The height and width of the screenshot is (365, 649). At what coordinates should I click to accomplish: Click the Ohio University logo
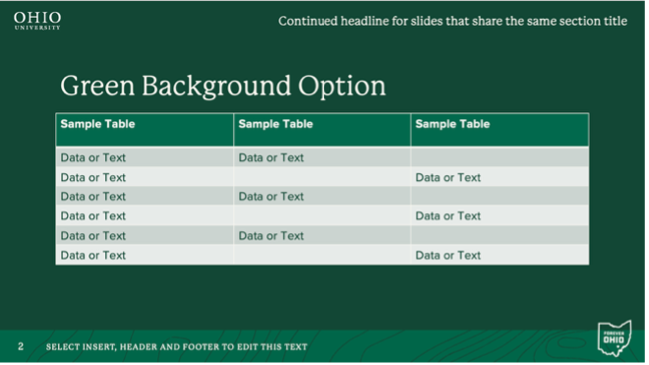(x=37, y=20)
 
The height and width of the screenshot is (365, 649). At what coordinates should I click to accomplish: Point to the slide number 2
(x=20, y=347)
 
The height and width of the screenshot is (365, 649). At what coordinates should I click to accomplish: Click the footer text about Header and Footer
(x=176, y=347)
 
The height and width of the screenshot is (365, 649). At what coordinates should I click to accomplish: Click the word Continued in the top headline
(x=311, y=21)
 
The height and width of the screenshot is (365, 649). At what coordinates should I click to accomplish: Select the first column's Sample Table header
(x=97, y=125)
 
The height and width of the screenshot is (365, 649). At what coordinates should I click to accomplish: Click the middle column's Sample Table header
(x=275, y=125)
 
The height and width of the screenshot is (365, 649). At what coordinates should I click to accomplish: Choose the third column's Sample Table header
(x=452, y=125)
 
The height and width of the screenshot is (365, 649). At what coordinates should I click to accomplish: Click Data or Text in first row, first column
(x=93, y=157)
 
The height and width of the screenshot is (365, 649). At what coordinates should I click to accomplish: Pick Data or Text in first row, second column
(x=271, y=157)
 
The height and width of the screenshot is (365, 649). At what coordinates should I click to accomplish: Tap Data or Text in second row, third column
(x=448, y=177)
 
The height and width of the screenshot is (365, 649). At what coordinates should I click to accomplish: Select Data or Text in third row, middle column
(x=271, y=196)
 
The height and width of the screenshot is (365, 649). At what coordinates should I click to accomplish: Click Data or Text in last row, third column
(x=448, y=255)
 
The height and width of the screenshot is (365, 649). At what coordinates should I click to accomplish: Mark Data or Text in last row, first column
(x=93, y=255)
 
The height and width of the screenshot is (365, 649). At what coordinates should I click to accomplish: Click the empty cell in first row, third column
(x=499, y=157)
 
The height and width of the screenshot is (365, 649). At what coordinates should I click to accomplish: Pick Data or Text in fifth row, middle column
(x=271, y=236)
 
